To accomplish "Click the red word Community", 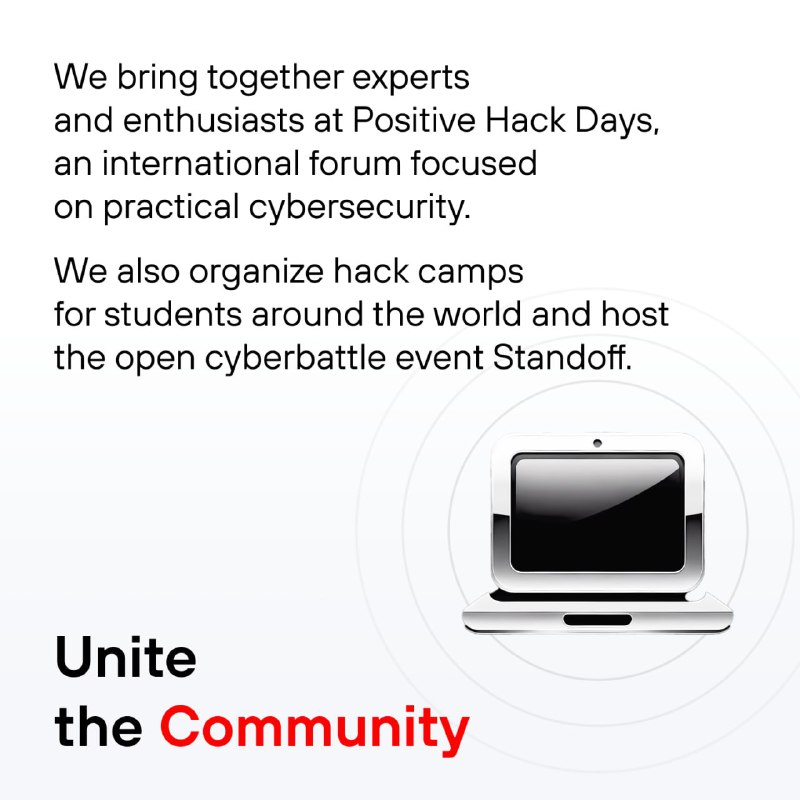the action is [x=314, y=730].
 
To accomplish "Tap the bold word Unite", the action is [x=126, y=657].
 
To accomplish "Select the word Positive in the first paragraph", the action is [x=414, y=120].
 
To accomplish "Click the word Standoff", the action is [x=562, y=357].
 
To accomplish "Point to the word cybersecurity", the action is [x=359, y=207].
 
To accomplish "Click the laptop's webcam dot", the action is [x=597, y=443].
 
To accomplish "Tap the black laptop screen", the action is [x=597, y=512].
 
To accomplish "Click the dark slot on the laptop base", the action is [x=597, y=619].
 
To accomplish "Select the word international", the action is [x=201, y=163].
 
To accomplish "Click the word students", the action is [x=172, y=314].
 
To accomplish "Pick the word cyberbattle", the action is [x=295, y=358].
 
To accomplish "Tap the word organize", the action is [x=256, y=272].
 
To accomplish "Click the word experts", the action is [x=411, y=79].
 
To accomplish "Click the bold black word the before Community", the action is [x=98, y=727].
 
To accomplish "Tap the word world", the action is [x=477, y=314].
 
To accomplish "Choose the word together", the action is [x=275, y=79].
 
